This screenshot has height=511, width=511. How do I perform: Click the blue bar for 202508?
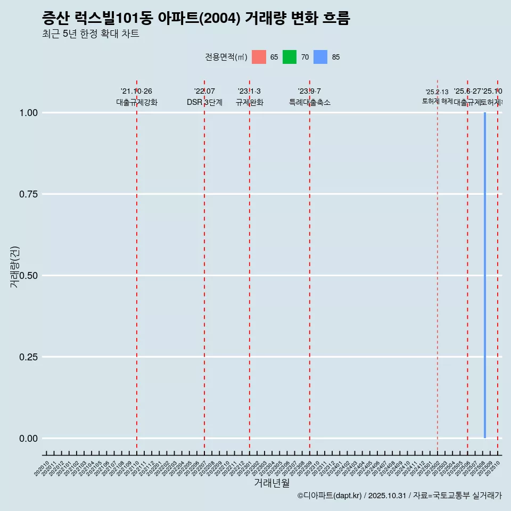(485, 275)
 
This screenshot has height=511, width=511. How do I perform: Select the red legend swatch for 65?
(259, 57)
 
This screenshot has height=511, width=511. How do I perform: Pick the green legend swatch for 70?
(290, 57)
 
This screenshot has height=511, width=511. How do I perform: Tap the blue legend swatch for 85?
(320, 57)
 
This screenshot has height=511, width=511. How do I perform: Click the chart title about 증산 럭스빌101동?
(196, 19)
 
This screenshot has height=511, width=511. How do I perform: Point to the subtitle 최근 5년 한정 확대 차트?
(90, 34)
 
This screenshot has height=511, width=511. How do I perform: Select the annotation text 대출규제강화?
(137, 102)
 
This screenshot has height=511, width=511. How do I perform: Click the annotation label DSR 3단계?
(204, 102)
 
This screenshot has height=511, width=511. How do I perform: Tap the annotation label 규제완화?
(250, 102)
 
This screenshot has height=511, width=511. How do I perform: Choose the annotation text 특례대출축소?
(310, 102)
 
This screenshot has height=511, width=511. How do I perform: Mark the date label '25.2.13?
(437, 92)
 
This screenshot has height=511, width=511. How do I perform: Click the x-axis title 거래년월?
(272, 483)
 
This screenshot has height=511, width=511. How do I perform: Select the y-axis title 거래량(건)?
(14, 267)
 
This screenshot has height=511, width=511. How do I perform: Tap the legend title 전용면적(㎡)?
(226, 57)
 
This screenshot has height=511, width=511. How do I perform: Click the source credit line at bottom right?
(399, 496)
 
